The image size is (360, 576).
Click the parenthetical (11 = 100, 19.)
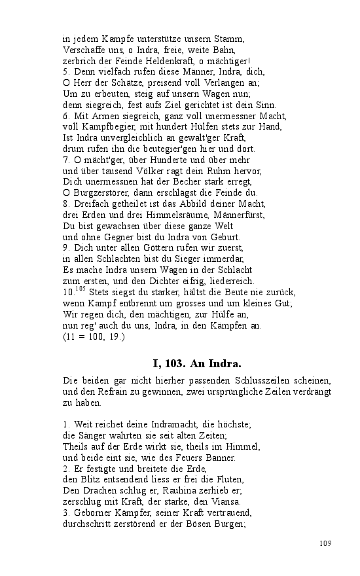94,337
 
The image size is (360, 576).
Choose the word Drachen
98,490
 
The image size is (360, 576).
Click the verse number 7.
65,160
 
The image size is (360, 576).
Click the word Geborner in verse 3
94,513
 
